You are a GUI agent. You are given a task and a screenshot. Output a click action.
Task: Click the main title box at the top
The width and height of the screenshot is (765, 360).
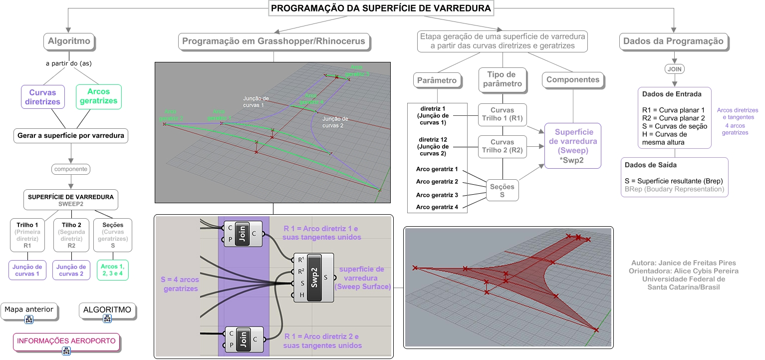click(x=381, y=8)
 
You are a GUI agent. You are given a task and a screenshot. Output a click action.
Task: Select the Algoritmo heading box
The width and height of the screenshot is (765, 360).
click(x=69, y=41)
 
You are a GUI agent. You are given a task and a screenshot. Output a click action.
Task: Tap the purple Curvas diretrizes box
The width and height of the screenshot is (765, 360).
click(x=43, y=97)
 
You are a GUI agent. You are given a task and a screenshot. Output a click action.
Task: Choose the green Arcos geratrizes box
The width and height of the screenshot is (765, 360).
click(x=99, y=97)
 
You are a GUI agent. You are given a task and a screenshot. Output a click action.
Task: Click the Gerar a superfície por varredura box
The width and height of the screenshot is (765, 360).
click(x=71, y=136)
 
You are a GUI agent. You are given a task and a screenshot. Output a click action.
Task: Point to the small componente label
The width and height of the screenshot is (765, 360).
click(x=71, y=169)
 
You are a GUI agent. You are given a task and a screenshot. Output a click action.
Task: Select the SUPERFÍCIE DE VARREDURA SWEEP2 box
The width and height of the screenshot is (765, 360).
click(x=71, y=200)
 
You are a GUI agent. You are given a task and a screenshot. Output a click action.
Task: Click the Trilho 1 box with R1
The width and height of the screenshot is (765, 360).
click(x=27, y=235)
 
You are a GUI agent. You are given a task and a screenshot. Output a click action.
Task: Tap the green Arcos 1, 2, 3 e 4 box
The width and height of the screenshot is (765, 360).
click(x=113, y=270)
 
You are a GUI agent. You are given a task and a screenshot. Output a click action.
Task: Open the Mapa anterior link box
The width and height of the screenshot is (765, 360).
click(x=29, y=311)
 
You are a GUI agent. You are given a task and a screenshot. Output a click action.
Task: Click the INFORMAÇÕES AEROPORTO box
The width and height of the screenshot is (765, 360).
click(x=66, y=342)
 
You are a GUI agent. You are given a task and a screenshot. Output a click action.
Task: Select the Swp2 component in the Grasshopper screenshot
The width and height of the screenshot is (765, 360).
click(x=314, y=278)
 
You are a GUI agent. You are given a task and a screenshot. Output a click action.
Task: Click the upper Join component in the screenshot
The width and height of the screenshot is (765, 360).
click(x=243, y=234)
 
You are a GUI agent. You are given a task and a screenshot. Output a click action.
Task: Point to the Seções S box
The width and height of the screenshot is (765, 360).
click(x=502, y=191)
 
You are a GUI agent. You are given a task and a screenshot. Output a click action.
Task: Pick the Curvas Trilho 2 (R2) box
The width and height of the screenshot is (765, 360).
click(x=502, y=146)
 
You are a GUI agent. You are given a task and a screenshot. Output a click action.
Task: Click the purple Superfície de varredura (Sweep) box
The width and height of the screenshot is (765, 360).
click(x=573, y=146)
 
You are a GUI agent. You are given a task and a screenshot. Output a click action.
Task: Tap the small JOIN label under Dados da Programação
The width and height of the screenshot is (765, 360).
click(x=675, y=69)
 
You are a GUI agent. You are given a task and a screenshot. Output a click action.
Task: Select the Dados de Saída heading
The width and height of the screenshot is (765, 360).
click(x=651, y=165)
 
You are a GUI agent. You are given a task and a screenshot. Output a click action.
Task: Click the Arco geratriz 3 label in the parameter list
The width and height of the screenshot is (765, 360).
click(x=437, y=195)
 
